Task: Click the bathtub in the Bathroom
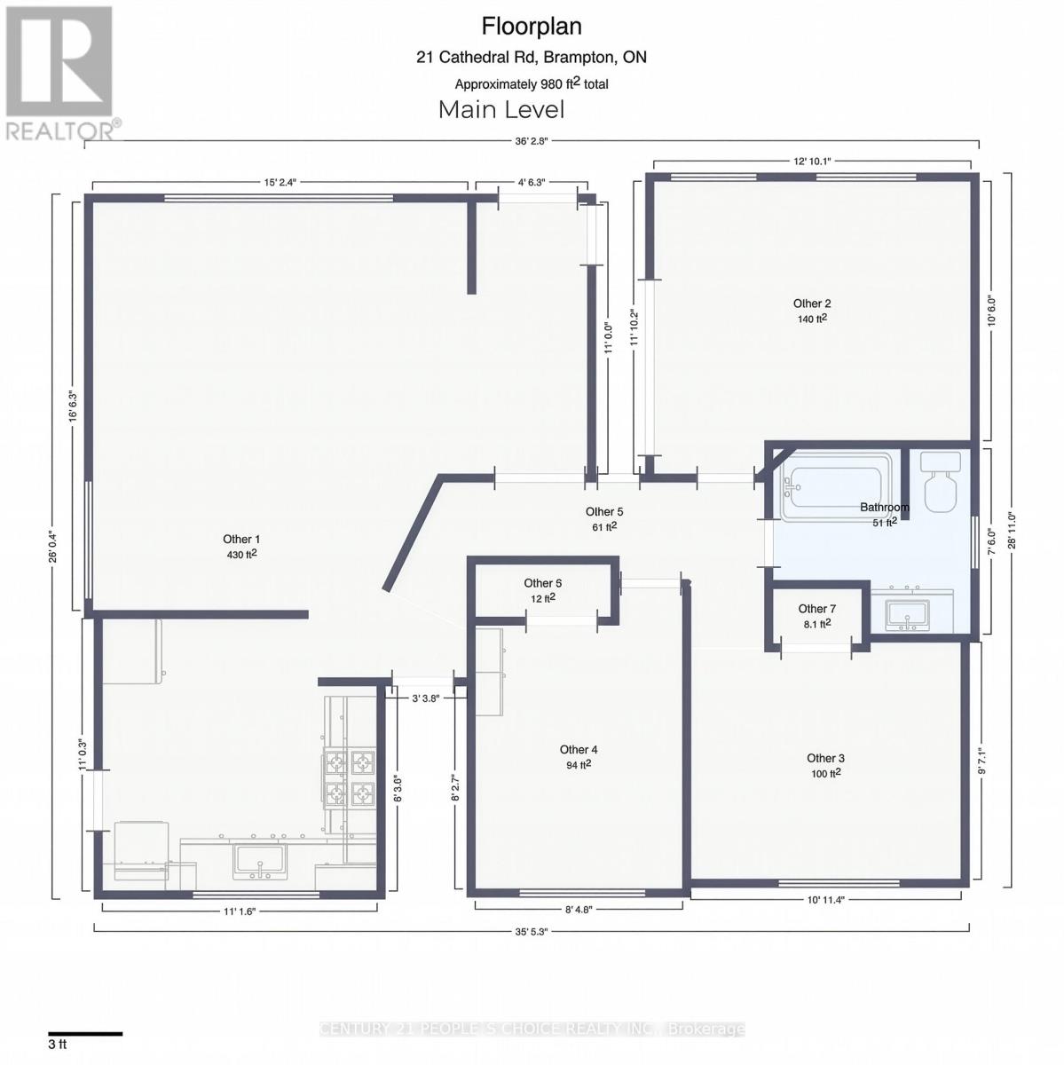point(835,486)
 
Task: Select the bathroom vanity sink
point(906,613)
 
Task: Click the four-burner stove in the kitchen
point(349,777)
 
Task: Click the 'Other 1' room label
point(241,539)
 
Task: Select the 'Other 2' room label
point(812,304)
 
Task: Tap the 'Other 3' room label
point(825,758)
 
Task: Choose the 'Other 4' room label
point(579,750)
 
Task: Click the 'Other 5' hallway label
point(604,511)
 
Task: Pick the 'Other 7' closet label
point(816,609)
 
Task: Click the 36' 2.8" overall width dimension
point(532,140)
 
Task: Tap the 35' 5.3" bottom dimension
point(532,931)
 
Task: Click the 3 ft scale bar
point(85,1033)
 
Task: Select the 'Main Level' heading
point(501,110)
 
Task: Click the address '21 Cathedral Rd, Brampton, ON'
point(532,58)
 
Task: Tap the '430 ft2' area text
point(241,555)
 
